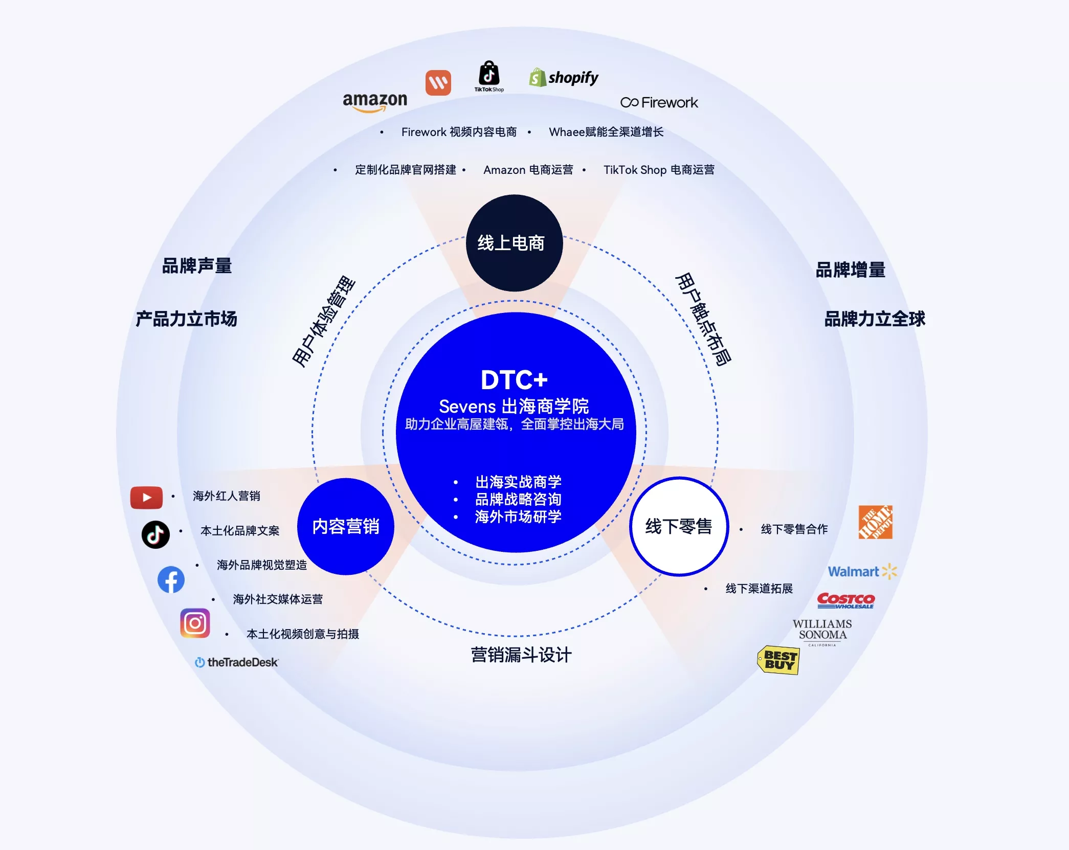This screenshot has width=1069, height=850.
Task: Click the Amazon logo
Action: (x=375, y=102)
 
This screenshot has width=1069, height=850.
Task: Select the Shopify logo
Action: (x=564, y=78)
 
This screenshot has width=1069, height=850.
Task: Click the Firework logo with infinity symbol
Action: (x=659, y=103)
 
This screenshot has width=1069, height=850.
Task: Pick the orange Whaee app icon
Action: (x=438, y=82)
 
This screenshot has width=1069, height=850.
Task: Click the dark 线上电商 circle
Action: (x=514, y=243)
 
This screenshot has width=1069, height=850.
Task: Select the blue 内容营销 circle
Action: (x=346, y=526)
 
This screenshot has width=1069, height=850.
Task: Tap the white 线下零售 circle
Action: (x=679, y=526)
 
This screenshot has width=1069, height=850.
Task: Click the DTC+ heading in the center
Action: (x=514, y=380)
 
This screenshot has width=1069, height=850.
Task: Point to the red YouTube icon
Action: (x=146, y=498)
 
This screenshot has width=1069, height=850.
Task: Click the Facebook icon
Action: (x=171, y=579)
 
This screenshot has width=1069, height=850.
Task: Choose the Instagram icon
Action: (x=195, y=623)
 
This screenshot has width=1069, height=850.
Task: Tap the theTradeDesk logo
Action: (x=236, y=662)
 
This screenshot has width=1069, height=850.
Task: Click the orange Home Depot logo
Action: (x=876, y=522)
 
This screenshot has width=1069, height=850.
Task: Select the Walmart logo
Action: (x=863, y=571)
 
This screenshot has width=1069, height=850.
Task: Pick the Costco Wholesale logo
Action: (x=846, y=600)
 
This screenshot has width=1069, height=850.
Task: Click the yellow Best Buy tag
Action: (x=778, y=660)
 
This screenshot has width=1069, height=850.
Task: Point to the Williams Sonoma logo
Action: (x=822, y=632)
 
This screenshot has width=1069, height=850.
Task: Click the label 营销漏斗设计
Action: (x=521, y=655)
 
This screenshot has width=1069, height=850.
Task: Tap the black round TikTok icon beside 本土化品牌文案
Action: (x=155, y=534)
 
